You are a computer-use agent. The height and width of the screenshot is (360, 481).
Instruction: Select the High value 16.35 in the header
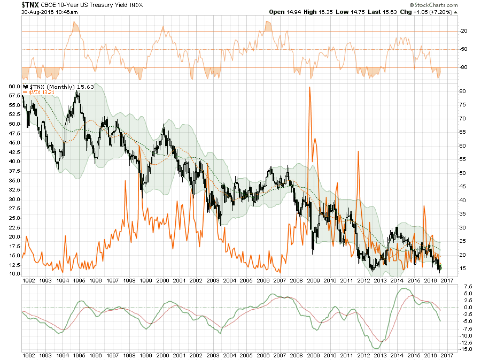326,12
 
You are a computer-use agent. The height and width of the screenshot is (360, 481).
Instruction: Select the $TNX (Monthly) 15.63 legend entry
55,86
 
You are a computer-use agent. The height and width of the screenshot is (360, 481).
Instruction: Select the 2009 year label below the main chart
313,280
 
